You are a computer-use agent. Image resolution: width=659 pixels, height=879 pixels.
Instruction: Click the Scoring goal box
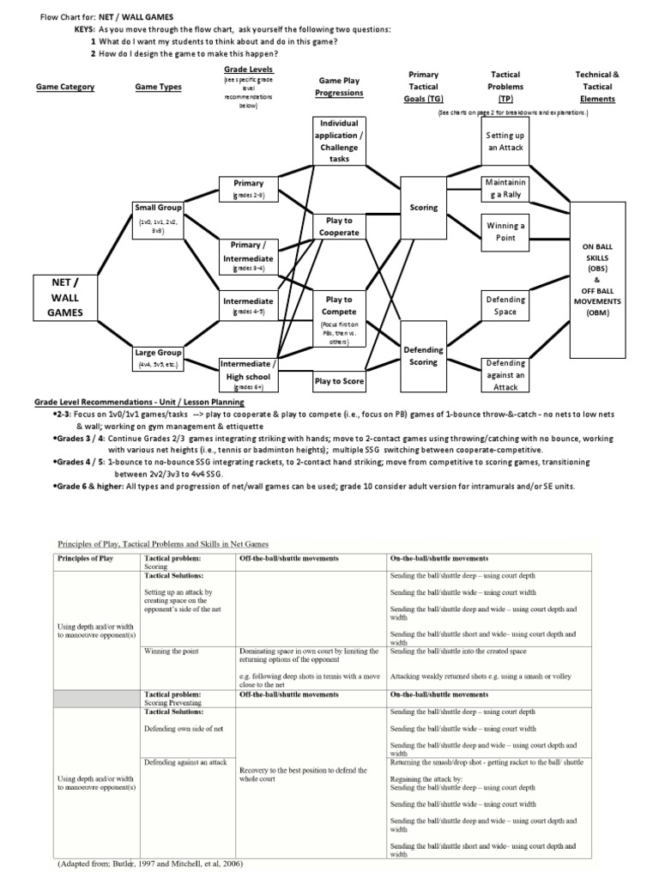(424, 208)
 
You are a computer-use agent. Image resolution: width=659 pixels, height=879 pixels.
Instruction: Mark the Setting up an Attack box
(505, 142)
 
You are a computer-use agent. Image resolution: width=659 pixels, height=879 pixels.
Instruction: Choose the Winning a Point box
(505, 232)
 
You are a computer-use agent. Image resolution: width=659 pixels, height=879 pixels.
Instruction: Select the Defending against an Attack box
(505, 375)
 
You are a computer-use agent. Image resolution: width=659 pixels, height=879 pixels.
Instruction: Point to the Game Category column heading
(65, 87)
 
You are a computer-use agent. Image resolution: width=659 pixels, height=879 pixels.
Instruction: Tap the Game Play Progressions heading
(339, 87)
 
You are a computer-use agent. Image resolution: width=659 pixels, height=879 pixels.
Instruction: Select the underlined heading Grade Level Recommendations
(139, 402)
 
